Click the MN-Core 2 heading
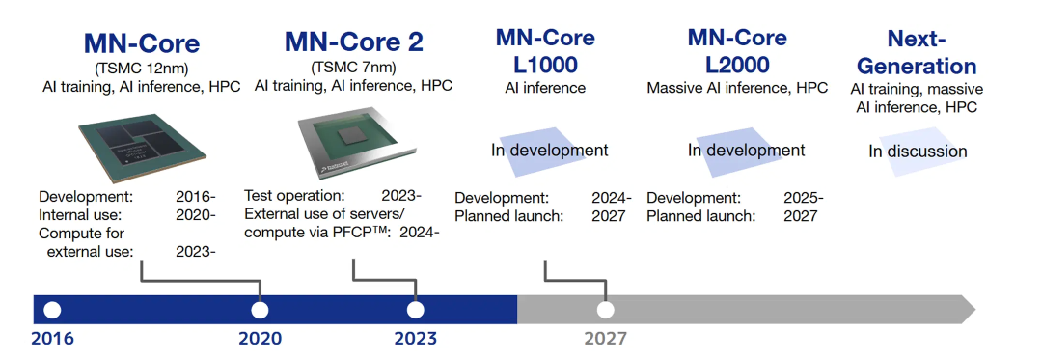click(x=353, y=42)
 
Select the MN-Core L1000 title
click(x=545, y=50)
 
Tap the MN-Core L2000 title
click(x=737, y=50)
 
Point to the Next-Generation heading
click(x=917, y=52)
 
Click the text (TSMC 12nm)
click(x=141, y=68)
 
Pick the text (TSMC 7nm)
click(x=353, y=68)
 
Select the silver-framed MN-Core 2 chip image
click(x=353, y=142)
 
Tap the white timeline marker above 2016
click(x=52, y=310)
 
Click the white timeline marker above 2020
click(x=260, y=310)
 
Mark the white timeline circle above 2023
click(x=415, y=310)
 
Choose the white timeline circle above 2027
click(x=605, y=310)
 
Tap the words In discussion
click(x=918, y=152)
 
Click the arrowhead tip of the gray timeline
click(x=974, y=310)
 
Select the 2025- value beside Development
click(x=804, y=198)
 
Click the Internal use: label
click(x=80, y=215)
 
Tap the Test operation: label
click(x=294, y=197)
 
